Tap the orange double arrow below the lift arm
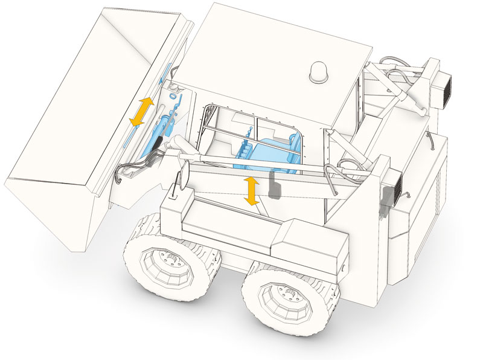click(252, 191)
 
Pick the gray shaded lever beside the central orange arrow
click(274, 187)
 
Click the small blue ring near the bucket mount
click(173, 95)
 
